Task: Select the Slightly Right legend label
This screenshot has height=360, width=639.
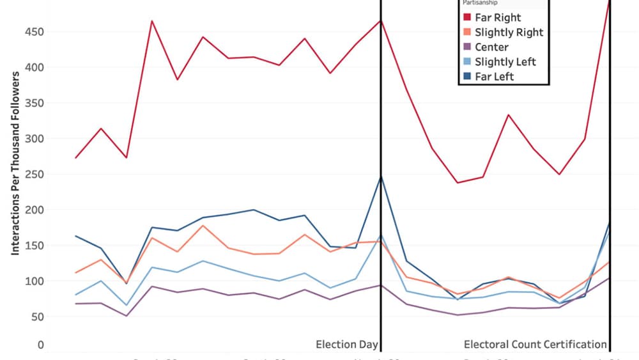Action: pyautogui.click(x=509, y=33)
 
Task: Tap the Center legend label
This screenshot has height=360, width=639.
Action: pyautogui.click(x=491, y=47)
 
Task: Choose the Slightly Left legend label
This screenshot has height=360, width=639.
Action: pyautogui.click(x=505, y=62)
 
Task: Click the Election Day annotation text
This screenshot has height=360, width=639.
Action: pyautogui.click(x=346, y=345)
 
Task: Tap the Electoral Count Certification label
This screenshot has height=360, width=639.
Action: pyautogui.click(x=535, y=345)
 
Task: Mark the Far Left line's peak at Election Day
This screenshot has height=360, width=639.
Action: pyautogui.click(x=381, y=176)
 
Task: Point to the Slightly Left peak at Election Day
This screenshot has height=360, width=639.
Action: pyautogui.click(x=381, y=236)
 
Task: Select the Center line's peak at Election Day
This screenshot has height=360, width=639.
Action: pyautogui.click(x=381, y=285)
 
